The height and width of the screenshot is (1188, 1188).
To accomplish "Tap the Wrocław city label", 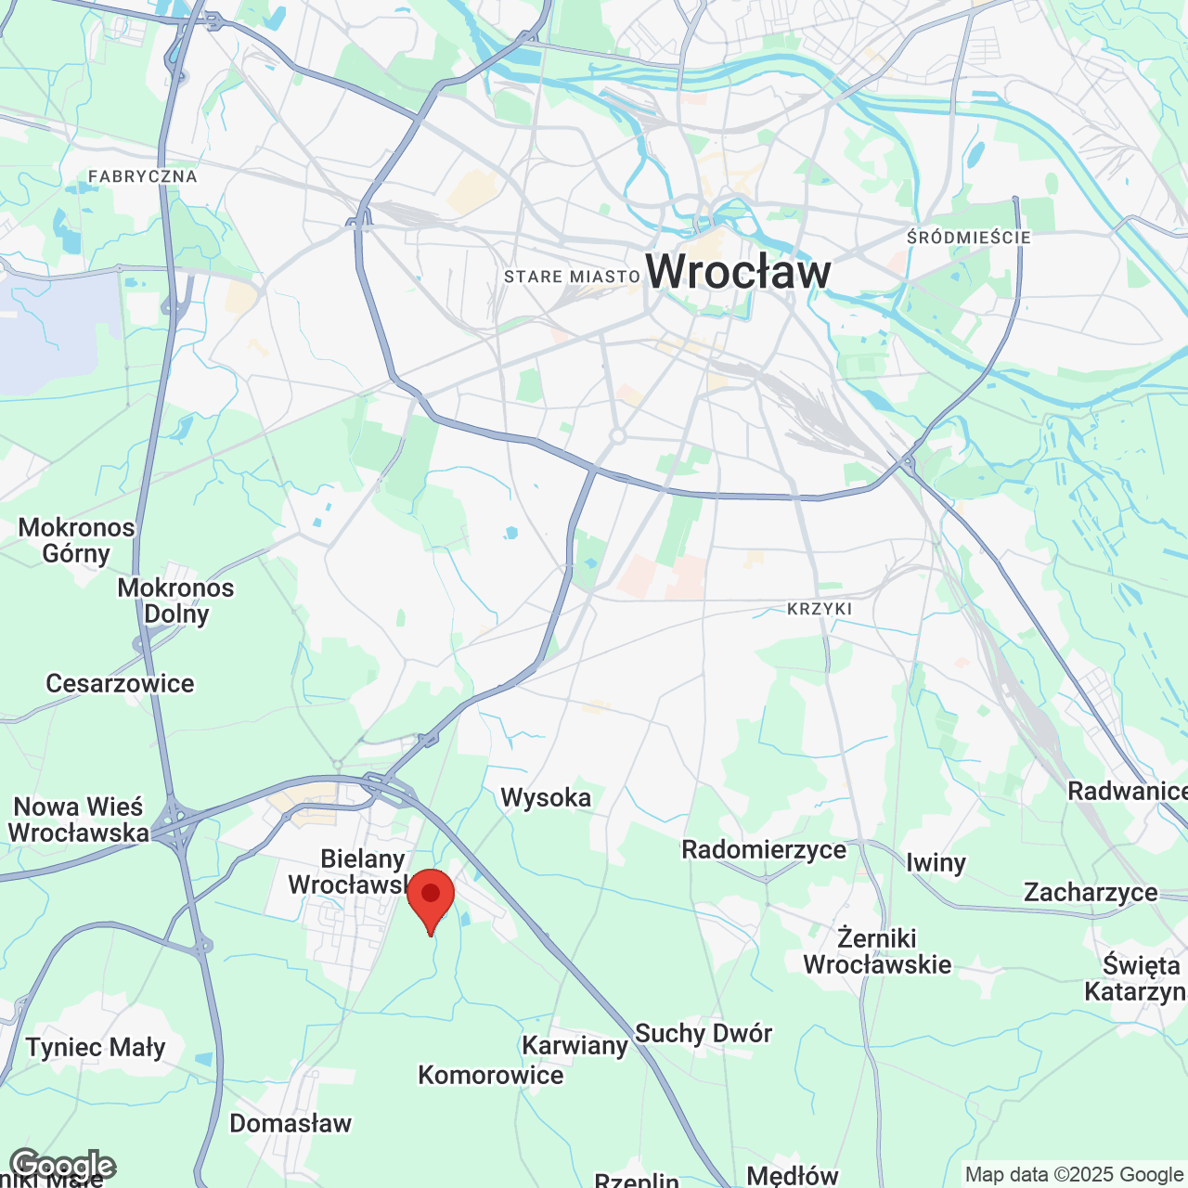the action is click(738, 271).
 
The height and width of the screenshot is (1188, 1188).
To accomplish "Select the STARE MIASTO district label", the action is click(572, 277).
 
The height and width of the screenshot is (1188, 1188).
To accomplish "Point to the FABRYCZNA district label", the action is click(143, 176).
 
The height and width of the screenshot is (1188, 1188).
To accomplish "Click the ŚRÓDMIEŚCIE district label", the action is click(968, 238).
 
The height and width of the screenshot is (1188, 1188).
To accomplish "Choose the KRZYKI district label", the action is click(820, 609).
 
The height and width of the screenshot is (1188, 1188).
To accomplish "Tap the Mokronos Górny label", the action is click(77, 540).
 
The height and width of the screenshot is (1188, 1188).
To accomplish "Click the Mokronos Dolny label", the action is click(176, 600).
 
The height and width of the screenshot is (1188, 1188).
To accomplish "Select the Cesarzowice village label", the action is click(121, 683).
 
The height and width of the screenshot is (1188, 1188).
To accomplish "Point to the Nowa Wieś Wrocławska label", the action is click(79, 820).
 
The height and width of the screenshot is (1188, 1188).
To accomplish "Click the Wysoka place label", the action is click(546, 797).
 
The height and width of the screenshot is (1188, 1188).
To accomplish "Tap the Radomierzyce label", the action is click(764, 849).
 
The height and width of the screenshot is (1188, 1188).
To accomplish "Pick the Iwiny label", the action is click(936, 862).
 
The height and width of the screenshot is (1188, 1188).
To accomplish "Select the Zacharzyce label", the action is click(1091, 892).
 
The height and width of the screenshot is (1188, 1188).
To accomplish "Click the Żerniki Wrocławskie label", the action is click(877, 951).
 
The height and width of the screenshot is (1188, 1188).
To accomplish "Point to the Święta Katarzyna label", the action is click(1136, 978).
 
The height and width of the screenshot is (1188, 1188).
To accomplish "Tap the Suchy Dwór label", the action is click(703, 1033).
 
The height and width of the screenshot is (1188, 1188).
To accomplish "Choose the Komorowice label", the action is click(491, 1075).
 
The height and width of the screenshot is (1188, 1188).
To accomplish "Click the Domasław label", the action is click(291, 1123).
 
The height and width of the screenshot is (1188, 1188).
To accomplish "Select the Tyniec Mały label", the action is click(96, 1047).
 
